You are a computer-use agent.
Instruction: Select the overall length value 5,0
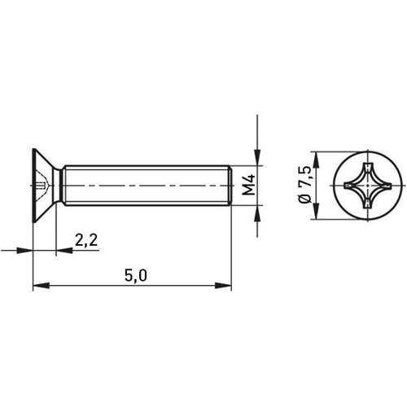[135, 276]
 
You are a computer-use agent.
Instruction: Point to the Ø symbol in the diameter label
[304, 200]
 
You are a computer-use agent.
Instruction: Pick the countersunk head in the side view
[45, 186]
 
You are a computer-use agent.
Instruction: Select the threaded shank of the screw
[147, 186]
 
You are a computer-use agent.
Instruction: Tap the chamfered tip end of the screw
[230, 186]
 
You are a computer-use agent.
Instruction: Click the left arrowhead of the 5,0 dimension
[37, 286]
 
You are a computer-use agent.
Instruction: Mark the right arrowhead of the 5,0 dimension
[227, 286]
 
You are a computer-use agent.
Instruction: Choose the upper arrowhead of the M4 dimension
[257, 160]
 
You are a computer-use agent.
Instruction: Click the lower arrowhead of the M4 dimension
[257, 212]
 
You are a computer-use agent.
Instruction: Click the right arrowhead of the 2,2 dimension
[60, 250]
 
